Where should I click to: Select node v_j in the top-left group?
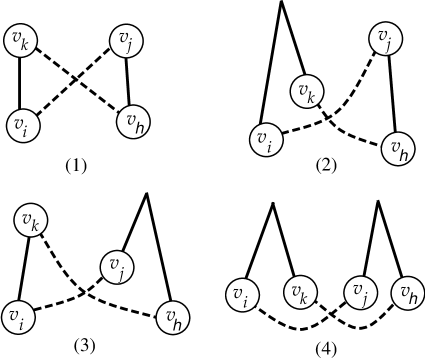[x=125, y=41]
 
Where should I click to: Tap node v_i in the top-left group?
[x=20, y=125]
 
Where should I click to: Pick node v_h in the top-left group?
[x=134, y=122]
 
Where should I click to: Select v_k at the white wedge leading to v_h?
[x=307, y=93]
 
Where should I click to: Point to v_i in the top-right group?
[x=265, y=140]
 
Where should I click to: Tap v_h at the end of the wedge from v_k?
[x=397, y=150]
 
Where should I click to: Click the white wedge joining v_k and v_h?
[x=351, y=124]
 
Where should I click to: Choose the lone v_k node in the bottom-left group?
[x=31, y=220]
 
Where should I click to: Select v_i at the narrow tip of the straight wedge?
[x=17, y=316]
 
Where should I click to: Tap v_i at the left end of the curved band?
[x=241, y=294]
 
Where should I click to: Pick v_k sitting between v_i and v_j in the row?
[x=299, y=293]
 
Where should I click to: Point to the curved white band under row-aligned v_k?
[x=299, y=319]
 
